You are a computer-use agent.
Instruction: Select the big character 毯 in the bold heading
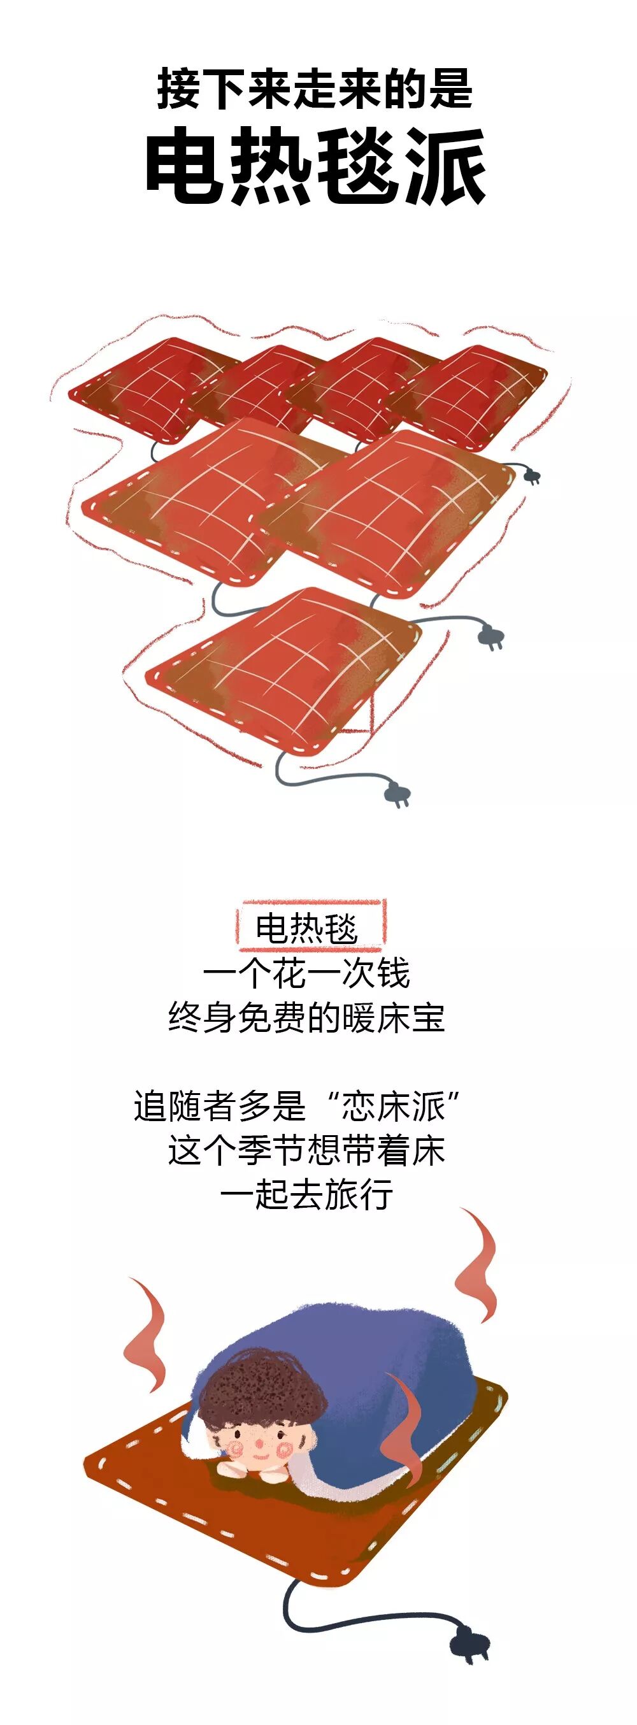tap(360, 166)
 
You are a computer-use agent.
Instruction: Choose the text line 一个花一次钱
tap(307, 973)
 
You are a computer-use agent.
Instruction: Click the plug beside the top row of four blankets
tap(532, 476)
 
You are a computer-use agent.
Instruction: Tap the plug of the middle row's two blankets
tap(491, 636)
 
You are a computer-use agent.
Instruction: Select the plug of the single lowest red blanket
tap(397, 796)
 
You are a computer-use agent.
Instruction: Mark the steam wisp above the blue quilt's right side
tap(477, 1264)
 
